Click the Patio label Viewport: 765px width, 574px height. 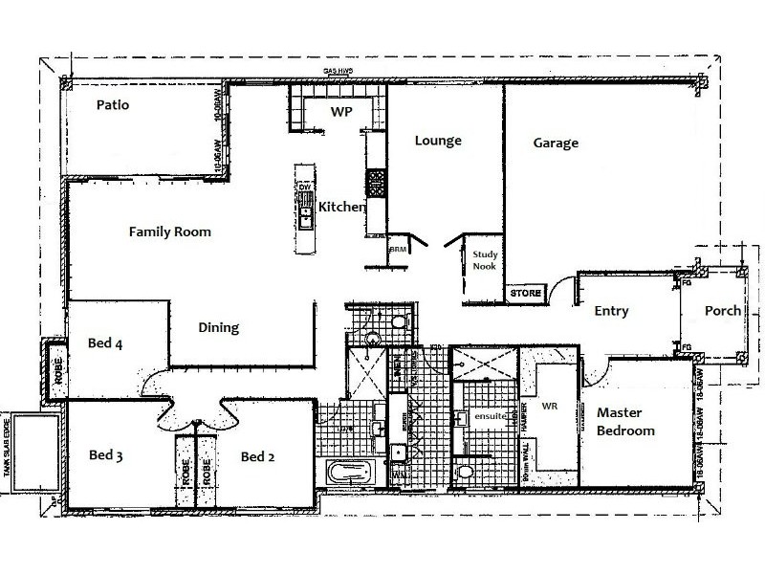coord(112,104)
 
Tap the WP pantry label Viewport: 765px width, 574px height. coord(340,112)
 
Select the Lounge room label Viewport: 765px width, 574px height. coord(438,141)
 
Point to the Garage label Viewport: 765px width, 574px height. coord(556,143)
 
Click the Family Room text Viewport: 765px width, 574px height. coord(170,232)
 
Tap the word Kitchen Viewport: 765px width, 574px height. coord(341,207)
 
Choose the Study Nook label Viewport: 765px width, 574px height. coord(485,261)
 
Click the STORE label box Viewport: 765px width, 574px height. coord(525,292)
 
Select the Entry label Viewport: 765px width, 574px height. coord(610,311)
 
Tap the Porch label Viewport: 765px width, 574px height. coord(723,311)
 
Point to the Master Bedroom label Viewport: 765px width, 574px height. coord(625,422)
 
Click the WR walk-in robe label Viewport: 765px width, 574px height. coord(550,407)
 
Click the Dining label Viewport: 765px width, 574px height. coord(218,327)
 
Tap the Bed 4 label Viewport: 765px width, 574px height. coord(105,342)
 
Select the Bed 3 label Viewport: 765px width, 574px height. coord(105,455)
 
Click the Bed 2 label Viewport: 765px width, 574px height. coord(258,457)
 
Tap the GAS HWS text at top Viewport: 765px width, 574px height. coord(337,71)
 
